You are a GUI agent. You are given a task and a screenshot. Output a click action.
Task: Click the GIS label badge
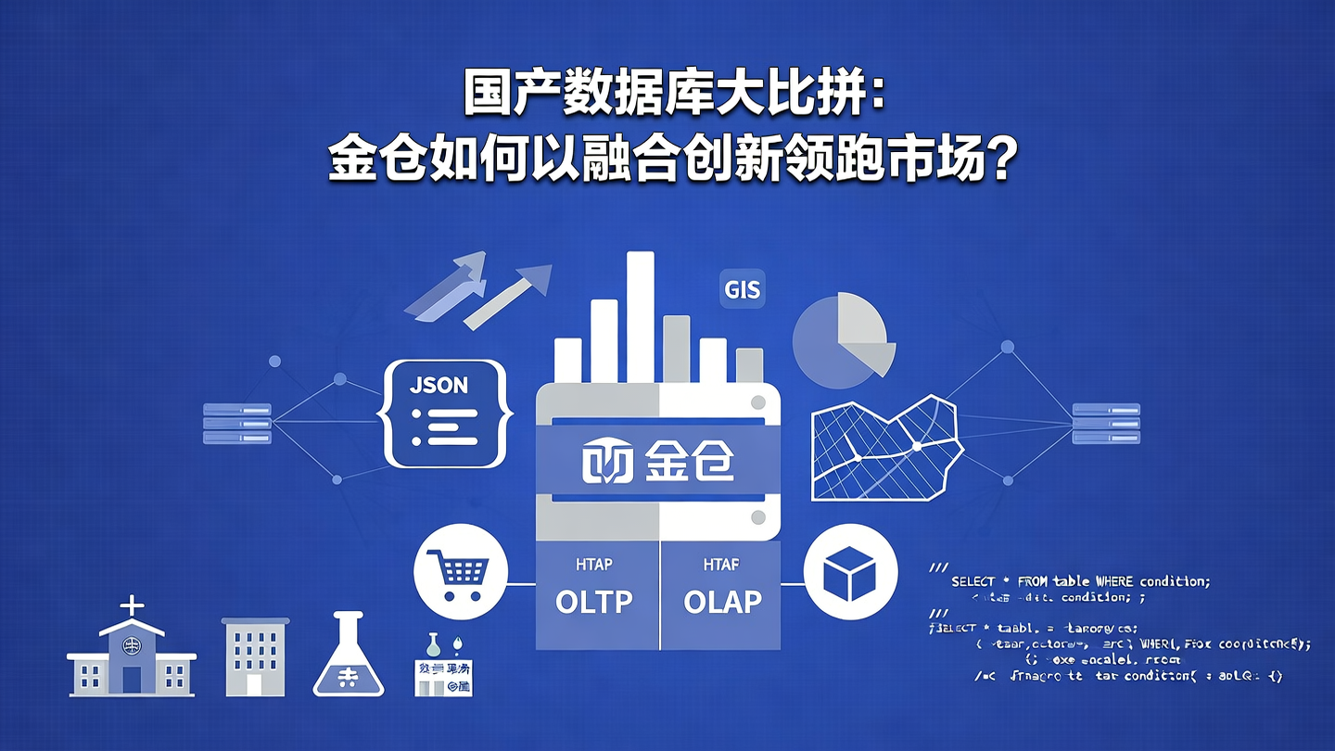coord(742,290)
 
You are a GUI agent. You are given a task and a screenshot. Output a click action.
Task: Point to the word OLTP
coord(593,602)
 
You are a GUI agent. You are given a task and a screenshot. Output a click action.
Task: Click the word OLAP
coord(722,602)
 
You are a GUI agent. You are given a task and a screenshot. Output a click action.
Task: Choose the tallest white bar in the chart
coord(640,315)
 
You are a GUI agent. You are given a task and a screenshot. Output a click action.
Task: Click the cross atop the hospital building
coord(133,606)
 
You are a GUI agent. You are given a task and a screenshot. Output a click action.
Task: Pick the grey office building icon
coord(255,656)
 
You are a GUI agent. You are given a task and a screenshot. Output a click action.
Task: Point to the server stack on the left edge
coord(236,423)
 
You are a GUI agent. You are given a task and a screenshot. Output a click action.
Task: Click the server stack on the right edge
coord(1104,423)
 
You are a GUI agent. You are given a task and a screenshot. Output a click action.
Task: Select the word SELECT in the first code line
coord(973,581)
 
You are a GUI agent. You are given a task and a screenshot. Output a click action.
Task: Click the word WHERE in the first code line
coord(1114,581)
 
